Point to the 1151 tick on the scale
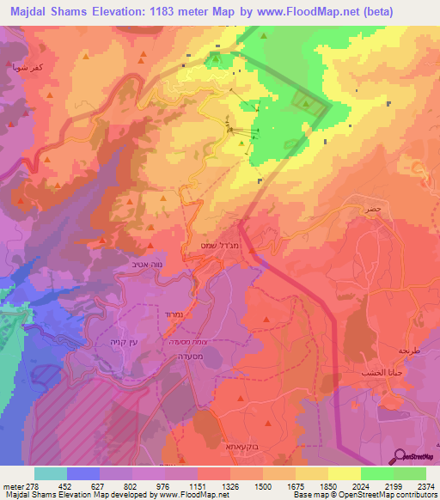[198, 485]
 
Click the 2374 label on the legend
[425, 485]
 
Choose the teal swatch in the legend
[51, 473]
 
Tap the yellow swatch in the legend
[345, 473]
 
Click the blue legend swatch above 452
[83, 473]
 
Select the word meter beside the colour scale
[12, 485]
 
